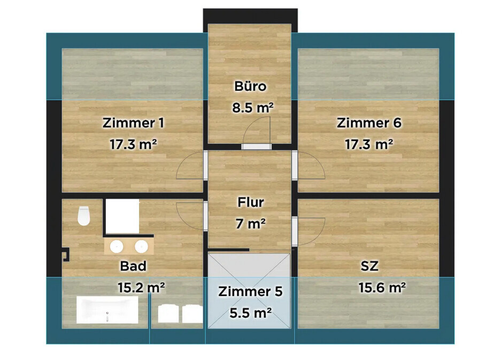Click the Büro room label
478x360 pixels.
[x=250, y=86]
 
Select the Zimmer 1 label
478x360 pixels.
[x=133, y=123]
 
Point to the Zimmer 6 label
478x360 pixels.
[x=369, y=123]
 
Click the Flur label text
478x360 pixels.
[x=250, y=203]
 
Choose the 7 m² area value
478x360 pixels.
[x=250, y=224]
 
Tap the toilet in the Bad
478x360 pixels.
[x=83, y=216]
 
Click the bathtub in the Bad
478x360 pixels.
[x=107, y=310]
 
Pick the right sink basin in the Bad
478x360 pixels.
[x=141, y=247]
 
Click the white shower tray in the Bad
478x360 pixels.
[x=122, y=216]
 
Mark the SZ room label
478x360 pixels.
[x=369, y=265]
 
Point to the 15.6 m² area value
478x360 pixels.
[x=381, y=288]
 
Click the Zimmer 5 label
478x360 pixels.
[x=250, y=292]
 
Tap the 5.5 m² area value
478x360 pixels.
[x=250, y=313]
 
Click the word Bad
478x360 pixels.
[x=133, y=265]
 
